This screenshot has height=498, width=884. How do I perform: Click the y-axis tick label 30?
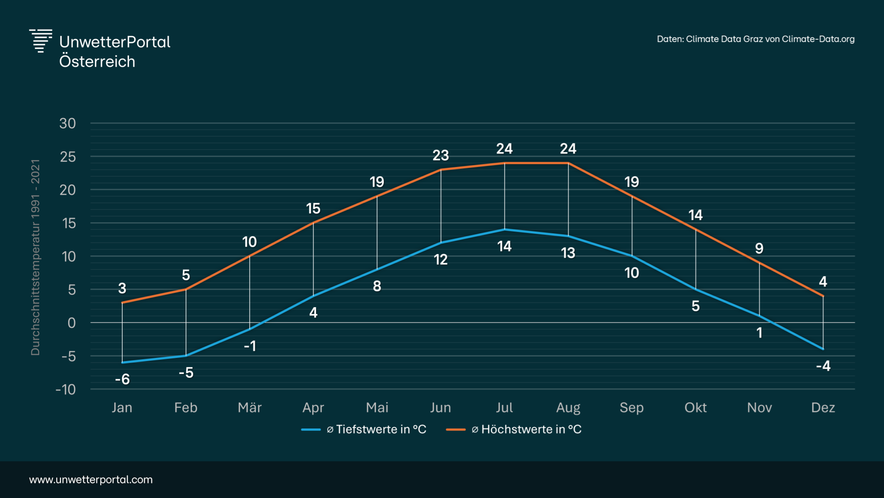tap(67, 124)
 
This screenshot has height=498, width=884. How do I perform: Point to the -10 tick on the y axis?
tap(65, 390)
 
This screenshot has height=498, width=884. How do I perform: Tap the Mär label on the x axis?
tap(250, 408)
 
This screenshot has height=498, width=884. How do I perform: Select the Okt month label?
tap(695, 408)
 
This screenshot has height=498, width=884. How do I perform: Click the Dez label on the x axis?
tap(823, 408)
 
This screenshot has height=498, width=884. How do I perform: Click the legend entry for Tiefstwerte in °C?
tap(364, 429)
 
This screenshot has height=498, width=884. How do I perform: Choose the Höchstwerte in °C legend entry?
tap(514, 429)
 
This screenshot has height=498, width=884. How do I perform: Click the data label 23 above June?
tap(440, 155)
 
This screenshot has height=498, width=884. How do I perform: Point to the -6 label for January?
tap(122, 379)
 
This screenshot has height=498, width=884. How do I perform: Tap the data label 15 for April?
tap(313, 208)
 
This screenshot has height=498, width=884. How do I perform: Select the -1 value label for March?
tap(250, 346)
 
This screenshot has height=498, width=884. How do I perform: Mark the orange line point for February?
tap(186, 290)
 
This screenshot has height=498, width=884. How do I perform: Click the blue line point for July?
tap(504, 229)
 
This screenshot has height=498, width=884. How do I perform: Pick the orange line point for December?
tap(823, 296)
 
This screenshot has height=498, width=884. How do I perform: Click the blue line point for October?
tap(696, 289)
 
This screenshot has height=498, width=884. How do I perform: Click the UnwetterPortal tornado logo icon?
tap(41, 41)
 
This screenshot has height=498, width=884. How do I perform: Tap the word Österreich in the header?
tap(97, 62)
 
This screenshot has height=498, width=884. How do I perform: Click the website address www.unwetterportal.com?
tap(91, 480)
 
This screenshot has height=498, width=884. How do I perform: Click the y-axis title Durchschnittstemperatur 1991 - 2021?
tap(35, 257)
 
